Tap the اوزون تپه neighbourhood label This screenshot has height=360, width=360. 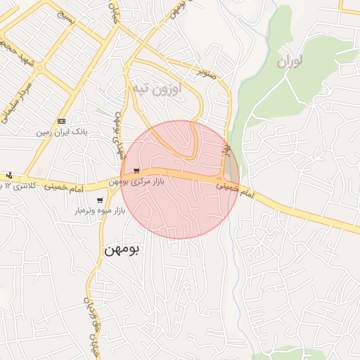(157, 89)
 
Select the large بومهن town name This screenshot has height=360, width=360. (123, 249)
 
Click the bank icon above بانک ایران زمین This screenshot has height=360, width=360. (61, 120)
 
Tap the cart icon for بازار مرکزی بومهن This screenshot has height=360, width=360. (136, 171)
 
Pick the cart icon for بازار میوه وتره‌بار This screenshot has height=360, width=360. (100, 200)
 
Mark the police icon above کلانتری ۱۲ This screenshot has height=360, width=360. (8, 175)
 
